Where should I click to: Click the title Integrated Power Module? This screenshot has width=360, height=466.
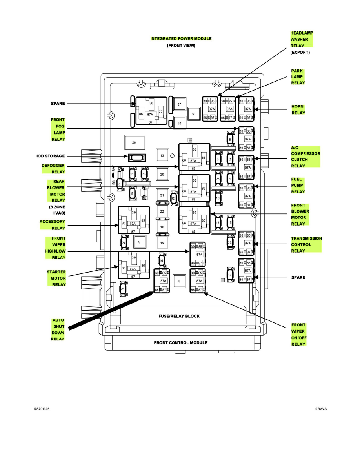coord(181,39)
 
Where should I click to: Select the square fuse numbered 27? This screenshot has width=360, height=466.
coord(179,104)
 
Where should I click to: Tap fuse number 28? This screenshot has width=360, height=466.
coord(134,142)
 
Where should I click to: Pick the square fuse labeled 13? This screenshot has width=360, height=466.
coord(162,156)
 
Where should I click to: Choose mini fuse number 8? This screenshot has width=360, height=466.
coord(230,139)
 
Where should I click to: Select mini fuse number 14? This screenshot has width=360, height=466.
coord(230,275)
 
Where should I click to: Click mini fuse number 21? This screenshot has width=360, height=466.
coord(122,289)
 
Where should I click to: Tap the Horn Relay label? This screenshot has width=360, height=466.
coord(298,109)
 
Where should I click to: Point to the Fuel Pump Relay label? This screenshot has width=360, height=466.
coord(298,186)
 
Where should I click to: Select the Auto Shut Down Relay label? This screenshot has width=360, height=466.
coord(58,329)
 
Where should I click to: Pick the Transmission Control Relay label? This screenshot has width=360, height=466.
coord(306,244)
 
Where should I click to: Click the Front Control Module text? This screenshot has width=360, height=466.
coord(180,342)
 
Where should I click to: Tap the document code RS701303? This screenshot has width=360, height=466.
coord(42,409)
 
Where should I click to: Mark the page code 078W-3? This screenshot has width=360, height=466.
coord(321,409)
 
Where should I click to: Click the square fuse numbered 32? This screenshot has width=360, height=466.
coord(179,123)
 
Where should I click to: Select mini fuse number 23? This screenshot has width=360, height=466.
coord(230,242)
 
